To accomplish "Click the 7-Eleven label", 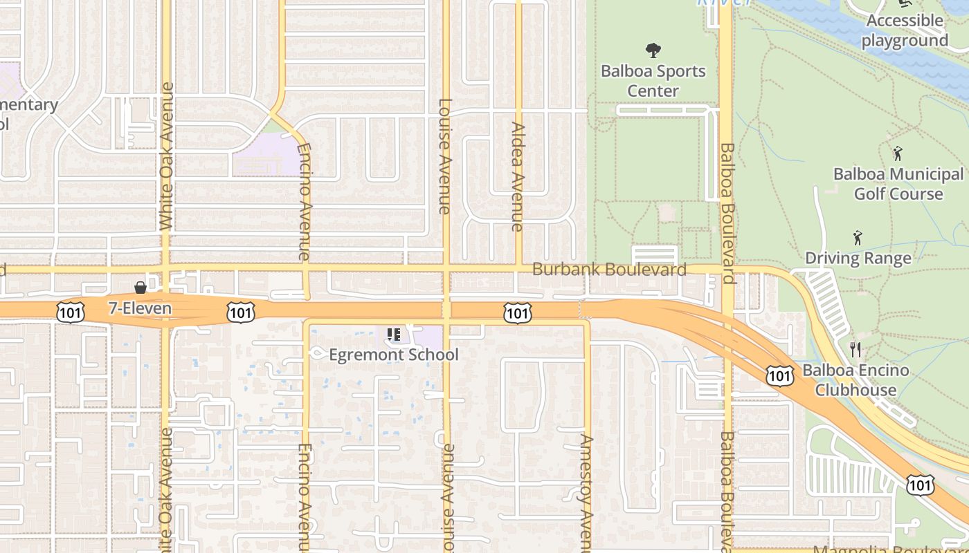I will (140, 308).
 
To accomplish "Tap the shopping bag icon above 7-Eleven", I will (141, 287).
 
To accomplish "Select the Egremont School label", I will (393, 355).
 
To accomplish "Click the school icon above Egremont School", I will (395, 335).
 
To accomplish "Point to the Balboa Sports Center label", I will (653, 81).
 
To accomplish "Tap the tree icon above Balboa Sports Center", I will (653, 50).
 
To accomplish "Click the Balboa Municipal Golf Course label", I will (898, 184).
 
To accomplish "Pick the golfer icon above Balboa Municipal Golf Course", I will (898, 153).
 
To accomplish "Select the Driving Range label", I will (858, 259).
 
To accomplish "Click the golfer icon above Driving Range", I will (858, 238).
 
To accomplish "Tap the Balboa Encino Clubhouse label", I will (855, 380).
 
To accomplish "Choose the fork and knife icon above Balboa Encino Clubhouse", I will (855, 349).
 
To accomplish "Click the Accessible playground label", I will (905, 30).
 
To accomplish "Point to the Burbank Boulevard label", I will (609, 270).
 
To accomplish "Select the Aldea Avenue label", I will (518, 176).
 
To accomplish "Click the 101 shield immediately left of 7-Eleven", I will (71, 313).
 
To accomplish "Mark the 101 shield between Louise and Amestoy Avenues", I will (517, 313).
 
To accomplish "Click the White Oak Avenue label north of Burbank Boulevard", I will (166, 156).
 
